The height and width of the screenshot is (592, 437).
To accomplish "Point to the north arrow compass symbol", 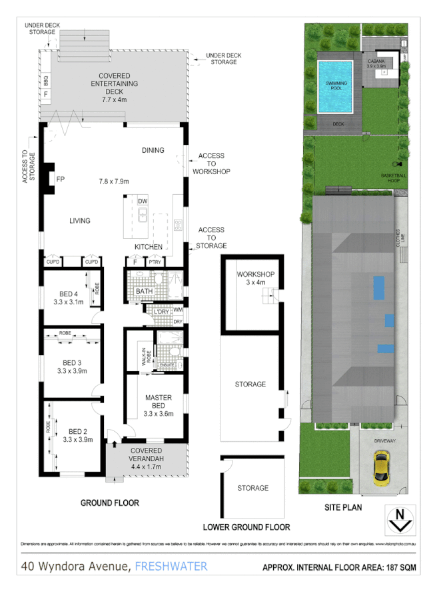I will click(400, 519).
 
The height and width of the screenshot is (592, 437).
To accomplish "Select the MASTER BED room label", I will click(158, 402).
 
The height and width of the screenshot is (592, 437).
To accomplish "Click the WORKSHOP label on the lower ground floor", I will click(256, 274).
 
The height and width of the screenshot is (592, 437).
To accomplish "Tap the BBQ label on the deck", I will click(46, 83).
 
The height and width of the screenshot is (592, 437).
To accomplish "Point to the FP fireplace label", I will click(60, 180).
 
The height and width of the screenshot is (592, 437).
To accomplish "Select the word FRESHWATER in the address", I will click(171, 567).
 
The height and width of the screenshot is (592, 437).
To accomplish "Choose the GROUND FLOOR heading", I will click(110, 503).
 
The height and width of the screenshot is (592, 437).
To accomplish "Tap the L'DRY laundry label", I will click(161, 312).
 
